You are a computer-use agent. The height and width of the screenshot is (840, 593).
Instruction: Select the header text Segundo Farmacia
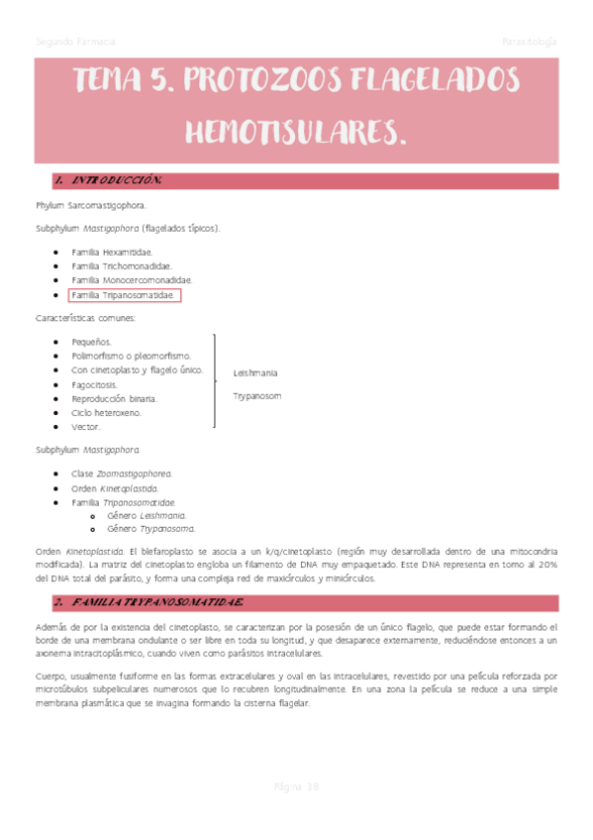[75, 43]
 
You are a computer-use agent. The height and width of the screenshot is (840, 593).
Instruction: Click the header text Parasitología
[530, 43]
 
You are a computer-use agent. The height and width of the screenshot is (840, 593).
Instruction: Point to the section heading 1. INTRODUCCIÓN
[108, 181]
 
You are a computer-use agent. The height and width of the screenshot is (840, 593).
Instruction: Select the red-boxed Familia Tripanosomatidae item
[125, 295]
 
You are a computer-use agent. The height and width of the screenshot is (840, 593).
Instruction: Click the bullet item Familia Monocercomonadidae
[132, 281]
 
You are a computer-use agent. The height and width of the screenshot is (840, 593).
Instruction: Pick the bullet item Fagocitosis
[94, 383]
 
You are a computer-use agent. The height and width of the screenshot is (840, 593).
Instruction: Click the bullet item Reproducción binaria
[114, 398]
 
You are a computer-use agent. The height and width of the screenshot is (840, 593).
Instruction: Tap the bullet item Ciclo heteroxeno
[106, 412]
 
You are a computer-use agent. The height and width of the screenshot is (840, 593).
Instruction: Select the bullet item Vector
[86, 427]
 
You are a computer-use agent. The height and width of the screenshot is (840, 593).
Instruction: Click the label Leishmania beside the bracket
[255, 373]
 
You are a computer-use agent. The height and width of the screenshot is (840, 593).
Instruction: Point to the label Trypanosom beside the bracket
[257, 396]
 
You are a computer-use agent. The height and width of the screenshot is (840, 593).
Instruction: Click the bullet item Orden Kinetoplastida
[115, 488]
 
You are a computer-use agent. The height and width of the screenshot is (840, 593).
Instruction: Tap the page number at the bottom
[296, 787]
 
